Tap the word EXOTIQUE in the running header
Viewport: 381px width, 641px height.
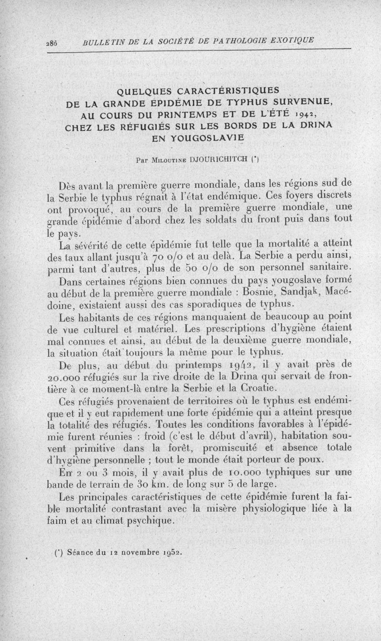[x=291, y=39]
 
